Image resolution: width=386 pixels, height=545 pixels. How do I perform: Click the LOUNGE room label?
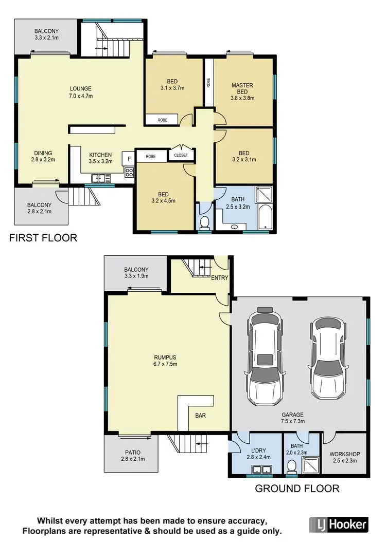(x=80, y=88)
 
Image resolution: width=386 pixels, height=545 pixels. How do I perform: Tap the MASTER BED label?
(x=242, y=85)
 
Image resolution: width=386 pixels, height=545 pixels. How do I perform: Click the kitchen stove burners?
(x=129, y=173)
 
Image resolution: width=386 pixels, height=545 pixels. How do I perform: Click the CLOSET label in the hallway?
(x=181, y=155)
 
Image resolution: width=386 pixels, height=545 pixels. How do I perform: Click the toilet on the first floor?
(x=204, y=222)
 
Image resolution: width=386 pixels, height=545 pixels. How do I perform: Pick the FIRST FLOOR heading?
(x=42, y=238)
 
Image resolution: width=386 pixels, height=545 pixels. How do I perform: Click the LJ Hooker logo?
(x=339, y=524)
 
